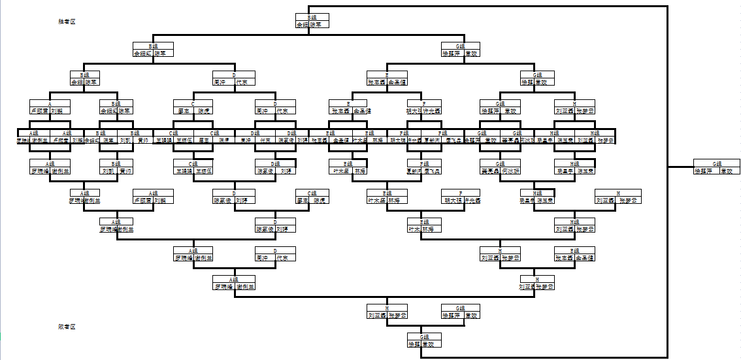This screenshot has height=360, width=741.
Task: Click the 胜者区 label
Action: tap(67, 22)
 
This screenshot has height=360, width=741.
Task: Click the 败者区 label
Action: tap(67, 327)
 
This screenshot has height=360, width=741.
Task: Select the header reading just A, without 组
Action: tap(50, 103)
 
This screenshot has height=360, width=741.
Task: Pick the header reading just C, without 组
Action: tap(193, 103)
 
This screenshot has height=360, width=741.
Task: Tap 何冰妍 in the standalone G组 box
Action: tap(510, 171)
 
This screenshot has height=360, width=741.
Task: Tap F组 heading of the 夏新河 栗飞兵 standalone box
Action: tap(424, 163)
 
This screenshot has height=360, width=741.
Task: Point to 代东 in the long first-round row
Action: tap(266, 140)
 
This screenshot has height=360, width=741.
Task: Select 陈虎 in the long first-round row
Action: tap(224, 140)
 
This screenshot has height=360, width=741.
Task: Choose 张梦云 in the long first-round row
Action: tap(606, 140)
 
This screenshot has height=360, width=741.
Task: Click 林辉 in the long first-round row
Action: tap(378, 140)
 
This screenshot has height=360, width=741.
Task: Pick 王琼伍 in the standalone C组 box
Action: tap(203, 171)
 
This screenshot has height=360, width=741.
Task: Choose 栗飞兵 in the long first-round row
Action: tap(453, 140)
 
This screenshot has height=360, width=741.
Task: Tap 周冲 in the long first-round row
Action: tap(246, 140)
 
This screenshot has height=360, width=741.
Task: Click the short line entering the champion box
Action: tap(680, 167)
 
